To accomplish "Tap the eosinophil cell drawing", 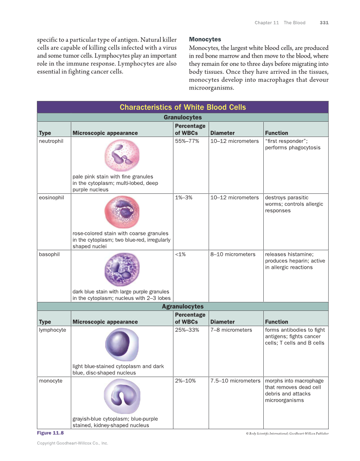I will coord(122,212).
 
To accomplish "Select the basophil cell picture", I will coord(122,270).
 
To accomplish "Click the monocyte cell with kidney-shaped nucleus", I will coord(122,396).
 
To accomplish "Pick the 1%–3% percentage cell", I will coord(184,198).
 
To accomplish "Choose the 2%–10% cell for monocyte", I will coord(185,381).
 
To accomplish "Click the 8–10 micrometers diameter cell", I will coord(233,254).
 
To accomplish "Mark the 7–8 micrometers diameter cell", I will coord(231,330).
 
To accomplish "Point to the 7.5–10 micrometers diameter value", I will coord(235,381).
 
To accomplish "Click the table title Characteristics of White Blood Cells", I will coord(182,107).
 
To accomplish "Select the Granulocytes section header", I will coord(182,117).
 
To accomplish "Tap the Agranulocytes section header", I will coord(182,306).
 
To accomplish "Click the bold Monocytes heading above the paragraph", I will coord(205,39).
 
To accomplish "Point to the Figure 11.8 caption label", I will coord(50,433).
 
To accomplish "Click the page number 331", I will coord(324,23).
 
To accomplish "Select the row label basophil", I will coord(49,254).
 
